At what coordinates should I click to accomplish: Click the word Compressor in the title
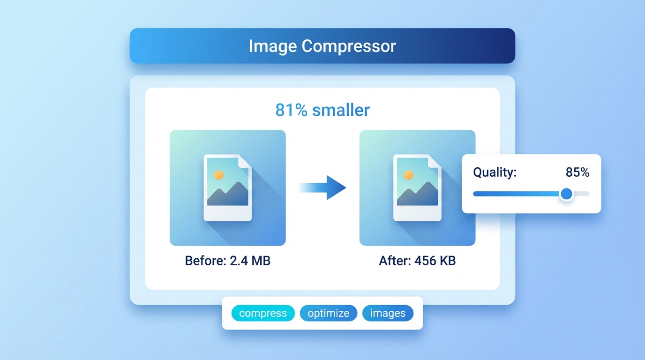(349, 46)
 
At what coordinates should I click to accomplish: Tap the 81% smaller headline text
(322, 110)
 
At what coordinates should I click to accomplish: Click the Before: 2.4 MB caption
(228, 261)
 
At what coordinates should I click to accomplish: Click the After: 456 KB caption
(417, 261)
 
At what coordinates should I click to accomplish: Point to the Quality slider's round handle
(567, 194)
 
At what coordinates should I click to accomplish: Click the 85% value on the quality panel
(577, 172)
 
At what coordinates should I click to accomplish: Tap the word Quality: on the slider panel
(495, 172)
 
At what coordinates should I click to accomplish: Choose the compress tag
(263, 314)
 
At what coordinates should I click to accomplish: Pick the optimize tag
(329, 314)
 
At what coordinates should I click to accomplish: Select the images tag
(388, 314)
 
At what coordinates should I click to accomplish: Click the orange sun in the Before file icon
(218, 175)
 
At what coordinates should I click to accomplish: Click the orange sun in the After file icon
(408, 175)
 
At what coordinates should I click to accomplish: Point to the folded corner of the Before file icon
(245, 162)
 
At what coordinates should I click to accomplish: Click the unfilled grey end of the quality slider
(582, 194)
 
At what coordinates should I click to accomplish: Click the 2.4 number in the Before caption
(240, 261)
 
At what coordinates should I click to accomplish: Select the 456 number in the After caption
(424, 261)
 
